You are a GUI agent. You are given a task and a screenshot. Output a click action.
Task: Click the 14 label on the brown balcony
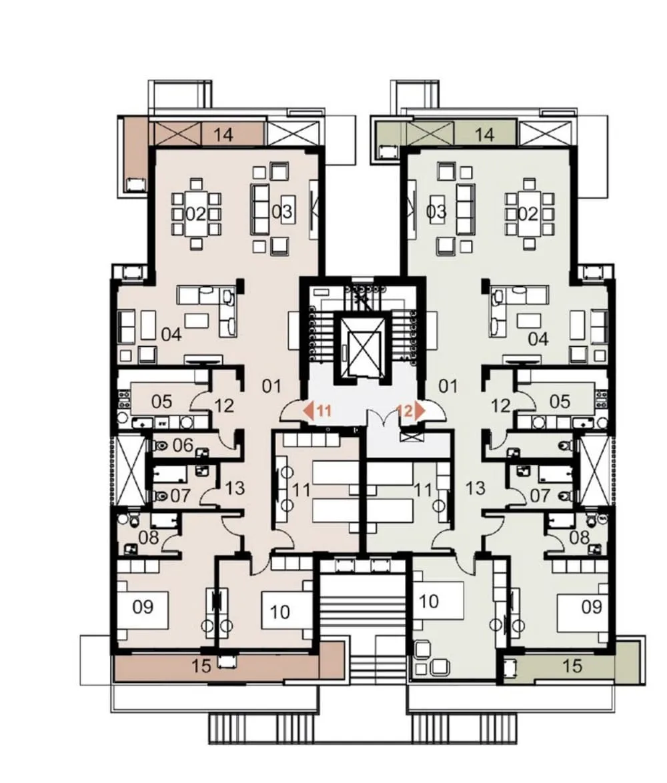(x=223, y=134)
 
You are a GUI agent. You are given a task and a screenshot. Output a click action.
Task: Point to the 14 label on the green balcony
(x=484, y=134)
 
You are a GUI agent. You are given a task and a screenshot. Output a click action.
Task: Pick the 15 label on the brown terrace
(x=201, y=666)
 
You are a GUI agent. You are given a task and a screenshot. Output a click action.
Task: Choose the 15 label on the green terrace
(x=572, y=666)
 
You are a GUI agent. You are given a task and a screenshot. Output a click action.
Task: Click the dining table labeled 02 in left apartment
(x=195, y=214)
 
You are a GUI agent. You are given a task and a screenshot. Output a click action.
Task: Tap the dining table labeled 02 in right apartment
(x=527, y=214)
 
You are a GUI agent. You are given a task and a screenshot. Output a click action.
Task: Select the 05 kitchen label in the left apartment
(x=161, y=402)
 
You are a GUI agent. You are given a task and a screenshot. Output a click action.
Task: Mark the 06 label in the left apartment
(x=182, y=445)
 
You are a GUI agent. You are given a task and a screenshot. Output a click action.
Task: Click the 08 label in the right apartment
(x=579, y=538)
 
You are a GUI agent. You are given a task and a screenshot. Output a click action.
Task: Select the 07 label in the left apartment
(x=180, y=496)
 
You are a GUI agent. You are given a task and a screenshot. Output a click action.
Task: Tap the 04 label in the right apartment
(x=538, y=339)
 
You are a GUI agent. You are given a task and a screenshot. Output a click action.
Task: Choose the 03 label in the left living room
(x=281, y=211)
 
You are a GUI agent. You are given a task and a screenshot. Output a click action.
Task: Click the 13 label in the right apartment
(x=475, y=488)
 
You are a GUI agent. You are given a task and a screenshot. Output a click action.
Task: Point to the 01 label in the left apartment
(x=271, y=386)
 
